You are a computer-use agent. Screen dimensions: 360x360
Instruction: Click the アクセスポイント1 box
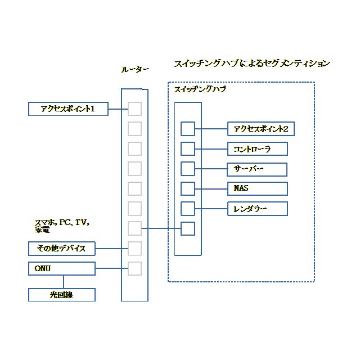67,109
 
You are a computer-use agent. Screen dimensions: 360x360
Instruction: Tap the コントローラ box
257,149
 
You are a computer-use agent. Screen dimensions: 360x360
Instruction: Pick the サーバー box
257,169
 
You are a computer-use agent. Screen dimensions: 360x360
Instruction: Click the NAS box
257,188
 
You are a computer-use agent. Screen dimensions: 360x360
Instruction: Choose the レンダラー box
257,209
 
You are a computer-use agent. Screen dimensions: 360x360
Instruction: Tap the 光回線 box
62,294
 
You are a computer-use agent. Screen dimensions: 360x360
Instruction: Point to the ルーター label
135,70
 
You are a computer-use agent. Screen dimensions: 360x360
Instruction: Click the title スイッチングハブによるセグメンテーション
251,63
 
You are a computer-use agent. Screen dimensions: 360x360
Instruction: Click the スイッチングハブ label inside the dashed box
200,89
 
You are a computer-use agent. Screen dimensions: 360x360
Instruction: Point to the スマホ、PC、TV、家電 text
62,226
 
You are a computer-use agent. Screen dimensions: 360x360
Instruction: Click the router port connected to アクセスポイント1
134,109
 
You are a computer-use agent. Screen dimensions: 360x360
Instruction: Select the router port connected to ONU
134,268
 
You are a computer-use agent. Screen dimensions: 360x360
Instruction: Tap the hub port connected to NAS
188,188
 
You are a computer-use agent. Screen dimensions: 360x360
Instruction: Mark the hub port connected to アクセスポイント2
188,129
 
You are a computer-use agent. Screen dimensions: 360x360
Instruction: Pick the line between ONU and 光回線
62,281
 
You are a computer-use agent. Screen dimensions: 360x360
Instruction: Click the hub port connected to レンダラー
188,209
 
